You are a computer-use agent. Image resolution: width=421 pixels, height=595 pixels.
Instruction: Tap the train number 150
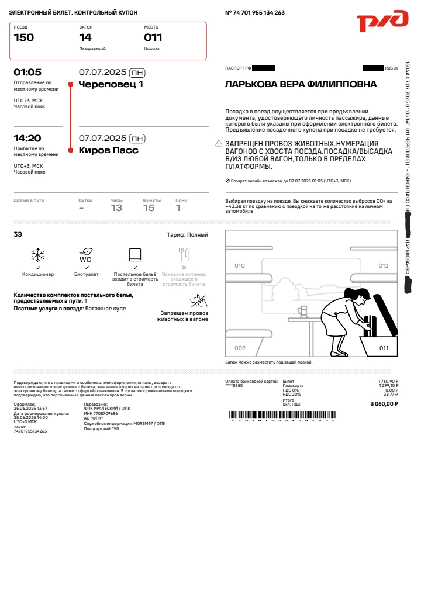point(24,38)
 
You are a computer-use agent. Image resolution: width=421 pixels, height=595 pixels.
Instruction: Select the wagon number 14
point(85,38)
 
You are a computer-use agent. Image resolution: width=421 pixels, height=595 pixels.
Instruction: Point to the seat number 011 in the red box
point(153,38)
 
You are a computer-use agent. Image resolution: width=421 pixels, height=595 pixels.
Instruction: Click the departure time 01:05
point(27,72)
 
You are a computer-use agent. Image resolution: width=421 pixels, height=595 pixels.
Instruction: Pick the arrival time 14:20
point(27,139)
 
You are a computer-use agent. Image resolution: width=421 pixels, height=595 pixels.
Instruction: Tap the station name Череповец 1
point(111,84)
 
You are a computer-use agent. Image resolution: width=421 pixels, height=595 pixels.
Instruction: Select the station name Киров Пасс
point(108,150)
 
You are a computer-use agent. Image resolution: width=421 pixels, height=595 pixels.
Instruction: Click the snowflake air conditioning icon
point(38,255)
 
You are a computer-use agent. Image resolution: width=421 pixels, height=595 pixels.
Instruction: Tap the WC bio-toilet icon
point(85,255)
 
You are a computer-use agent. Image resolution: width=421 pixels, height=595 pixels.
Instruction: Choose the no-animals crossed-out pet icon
point(198,301)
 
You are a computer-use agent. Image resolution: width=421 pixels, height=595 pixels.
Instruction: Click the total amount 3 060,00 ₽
point(384,404)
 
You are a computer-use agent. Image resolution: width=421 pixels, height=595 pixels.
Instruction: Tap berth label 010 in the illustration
point(240,266)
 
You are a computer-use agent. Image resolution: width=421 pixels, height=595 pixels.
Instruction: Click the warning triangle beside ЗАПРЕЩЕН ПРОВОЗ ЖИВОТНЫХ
point(219,143)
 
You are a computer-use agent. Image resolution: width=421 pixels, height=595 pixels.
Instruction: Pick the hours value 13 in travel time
point(116,208)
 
